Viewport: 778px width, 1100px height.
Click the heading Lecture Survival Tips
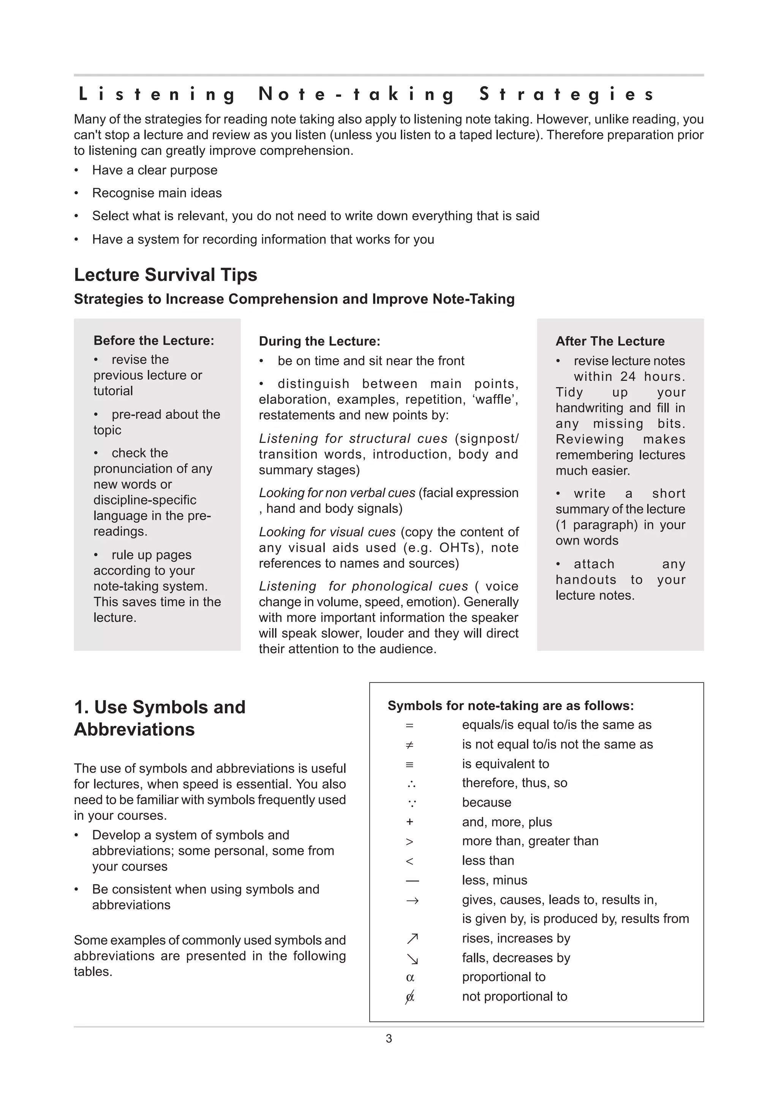point(165,275)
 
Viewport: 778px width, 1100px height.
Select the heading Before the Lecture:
point(153,340)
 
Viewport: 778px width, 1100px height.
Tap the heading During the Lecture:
point(319,341)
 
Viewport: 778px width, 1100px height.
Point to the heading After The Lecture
point(610,341)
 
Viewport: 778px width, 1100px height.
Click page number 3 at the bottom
point(389,1038)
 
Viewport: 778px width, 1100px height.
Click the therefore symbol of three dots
point(411,784)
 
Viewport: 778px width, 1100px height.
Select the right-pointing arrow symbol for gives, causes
point(412,901)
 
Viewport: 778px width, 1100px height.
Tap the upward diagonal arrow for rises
point(412,939)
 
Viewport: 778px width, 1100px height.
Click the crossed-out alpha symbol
point(410,997)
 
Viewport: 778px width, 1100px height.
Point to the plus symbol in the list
point(410,822)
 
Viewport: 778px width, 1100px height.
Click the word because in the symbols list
point(486,802)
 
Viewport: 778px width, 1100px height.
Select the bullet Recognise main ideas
point(157,193)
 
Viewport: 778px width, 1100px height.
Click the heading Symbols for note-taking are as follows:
point(511,706)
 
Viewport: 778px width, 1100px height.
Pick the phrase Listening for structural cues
point(353,439)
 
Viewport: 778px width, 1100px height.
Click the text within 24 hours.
point(629,377)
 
